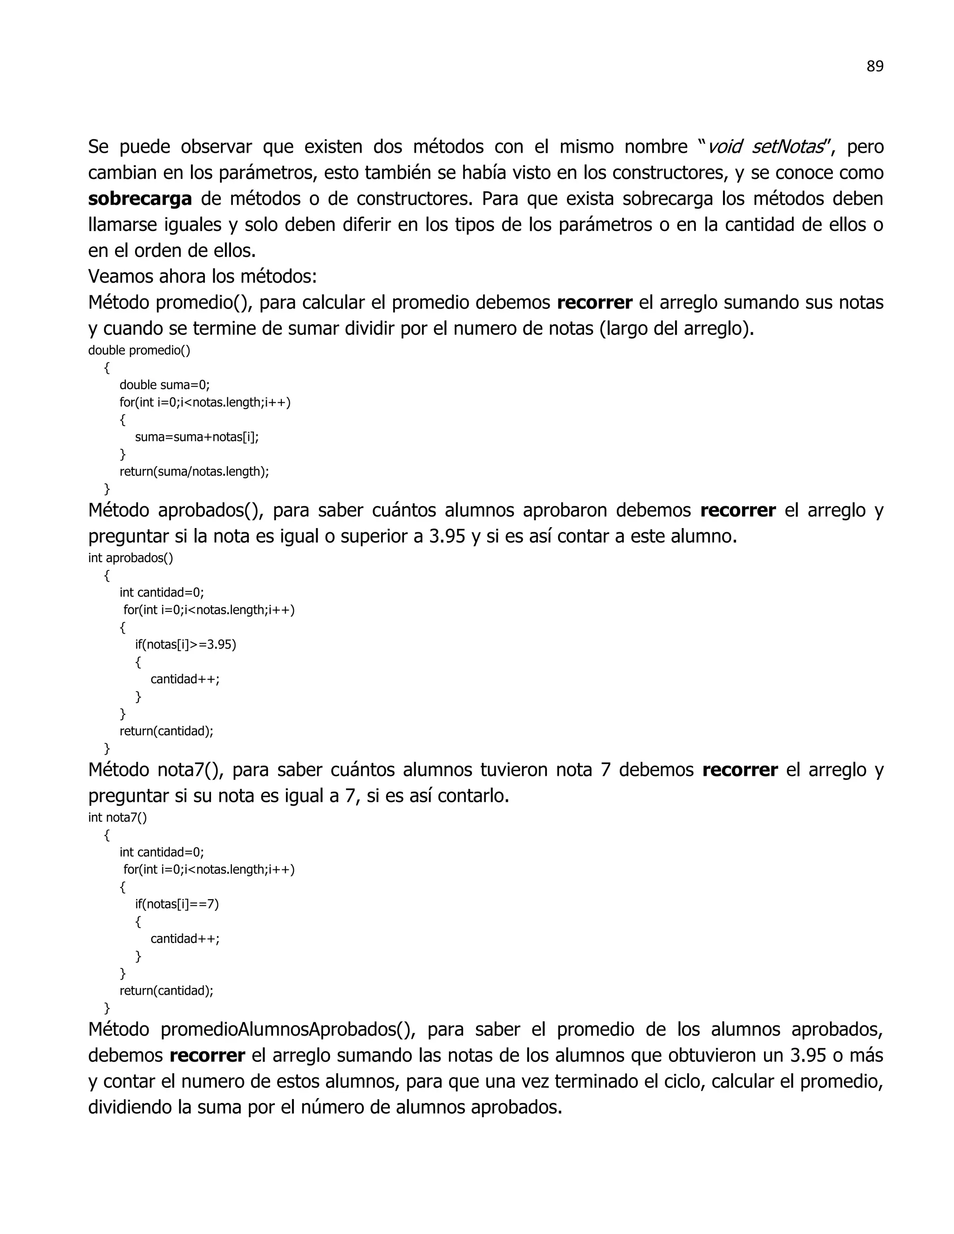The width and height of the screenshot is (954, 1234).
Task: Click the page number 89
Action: pyautogui.click(x=874, y=67)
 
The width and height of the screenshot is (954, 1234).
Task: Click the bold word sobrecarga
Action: pyautogui.click(x=140, y=199)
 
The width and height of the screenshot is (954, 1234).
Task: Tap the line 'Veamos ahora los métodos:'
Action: pyautogui.click(x=202, y=277)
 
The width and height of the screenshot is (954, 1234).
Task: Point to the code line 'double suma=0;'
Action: pyautogui.click(x=164, y=386)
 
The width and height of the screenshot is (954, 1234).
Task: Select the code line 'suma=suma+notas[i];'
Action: pyautogui.click(x=197, y=437)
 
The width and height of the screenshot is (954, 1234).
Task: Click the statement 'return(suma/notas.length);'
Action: pyautogui.click(x=194, y=472)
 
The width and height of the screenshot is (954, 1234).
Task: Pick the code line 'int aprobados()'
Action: pyautogui.click(x=130, y=558)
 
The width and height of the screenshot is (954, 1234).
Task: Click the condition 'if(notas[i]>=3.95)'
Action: pyautogui.click(x=185, y=644)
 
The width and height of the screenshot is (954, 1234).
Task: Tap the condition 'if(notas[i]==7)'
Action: pyautogui.click(x=177, y=904)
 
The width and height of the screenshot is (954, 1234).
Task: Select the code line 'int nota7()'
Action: pyautogui.click(x=117, y=818)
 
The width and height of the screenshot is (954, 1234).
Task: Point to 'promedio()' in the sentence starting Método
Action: pyautogui.click(x=204, y=303)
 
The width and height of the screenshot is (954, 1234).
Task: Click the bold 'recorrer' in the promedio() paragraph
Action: pyautogui.click(x=594, y=303)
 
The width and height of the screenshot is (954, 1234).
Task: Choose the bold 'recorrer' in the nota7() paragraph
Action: pyautogui.click(x=740, y=770)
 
